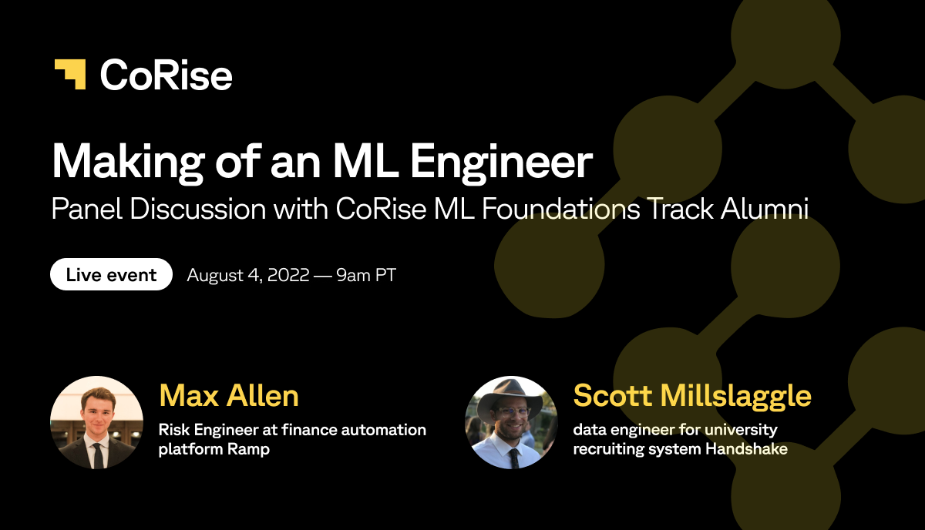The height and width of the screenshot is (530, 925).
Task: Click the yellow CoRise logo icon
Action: (x=70, y=74)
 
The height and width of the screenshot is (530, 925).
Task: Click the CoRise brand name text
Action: (x=166, y=75)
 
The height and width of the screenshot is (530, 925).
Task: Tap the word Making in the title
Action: (x=128, y=163)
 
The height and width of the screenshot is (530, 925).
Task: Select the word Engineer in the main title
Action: (x=501, y=163)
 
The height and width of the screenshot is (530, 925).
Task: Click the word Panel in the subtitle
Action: (x=86, y=209)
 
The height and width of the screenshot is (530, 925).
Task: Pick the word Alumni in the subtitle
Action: (x=765, y=209)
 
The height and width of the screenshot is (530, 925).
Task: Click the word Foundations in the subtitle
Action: (x=561, y=209)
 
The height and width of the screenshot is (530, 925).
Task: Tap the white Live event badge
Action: (x=111, y=274)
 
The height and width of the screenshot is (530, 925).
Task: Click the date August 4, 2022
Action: (x=247, y=275)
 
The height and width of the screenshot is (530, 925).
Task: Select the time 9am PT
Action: (x=366, y=275)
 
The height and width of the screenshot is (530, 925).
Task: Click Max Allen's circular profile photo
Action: (x=96, y=422)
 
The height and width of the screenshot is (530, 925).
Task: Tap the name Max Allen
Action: (x=229, y=395)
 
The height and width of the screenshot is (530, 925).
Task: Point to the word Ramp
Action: (x=248, y=449)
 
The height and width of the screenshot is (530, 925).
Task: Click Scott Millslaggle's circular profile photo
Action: (x=511, y=422)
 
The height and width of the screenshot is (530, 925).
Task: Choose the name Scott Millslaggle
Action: (x=692, y=396)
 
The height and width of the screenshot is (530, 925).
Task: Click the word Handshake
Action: (x=746, y=448)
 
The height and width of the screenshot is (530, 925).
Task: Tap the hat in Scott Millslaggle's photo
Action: (x=510, y=395)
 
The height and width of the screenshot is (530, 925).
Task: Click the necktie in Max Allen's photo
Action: (x=98, y=456)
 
